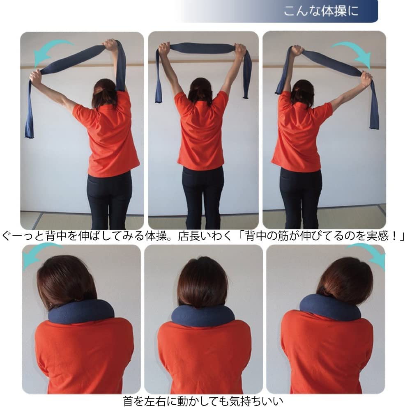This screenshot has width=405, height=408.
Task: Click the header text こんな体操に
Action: pyautogui.click(x=321, y=11)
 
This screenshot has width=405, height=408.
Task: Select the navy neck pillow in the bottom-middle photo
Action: pyautogui.click(x=202, y=315)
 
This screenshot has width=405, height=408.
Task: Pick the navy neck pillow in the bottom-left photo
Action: pyautogui.click(x=80, y=311)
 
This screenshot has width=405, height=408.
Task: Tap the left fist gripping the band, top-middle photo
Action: pyautogui.click(x=164, y=49)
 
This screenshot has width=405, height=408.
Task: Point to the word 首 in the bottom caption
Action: pyautogui.click(x=128, y=400)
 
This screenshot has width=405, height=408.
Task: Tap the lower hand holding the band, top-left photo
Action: pyautogui.click(x=35, y=76)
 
